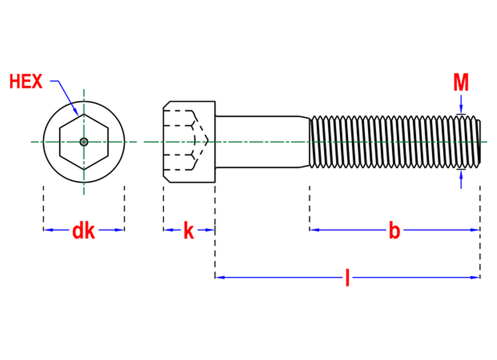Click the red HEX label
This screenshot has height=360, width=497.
point(26,81)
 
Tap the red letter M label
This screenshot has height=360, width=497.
point(461,82)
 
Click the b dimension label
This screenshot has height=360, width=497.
point(394,230)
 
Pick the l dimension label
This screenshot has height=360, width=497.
point(347,277)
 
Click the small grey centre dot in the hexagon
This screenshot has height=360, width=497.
point(84,142)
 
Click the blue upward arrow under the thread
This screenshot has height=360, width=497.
point(461,179)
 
